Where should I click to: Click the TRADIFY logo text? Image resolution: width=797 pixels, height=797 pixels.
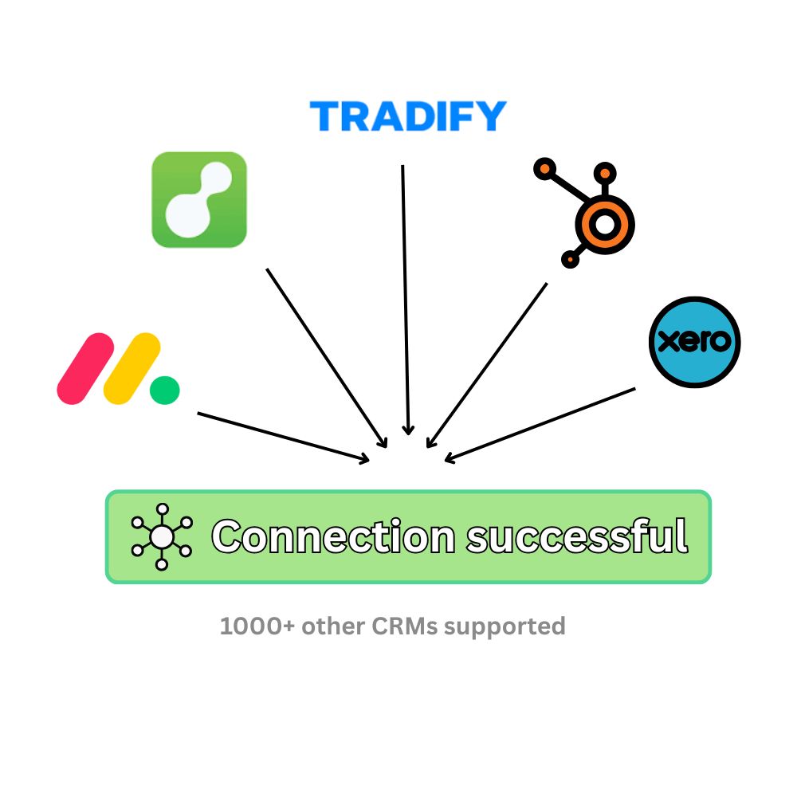407,116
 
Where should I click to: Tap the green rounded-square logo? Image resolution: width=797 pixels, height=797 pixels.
199,199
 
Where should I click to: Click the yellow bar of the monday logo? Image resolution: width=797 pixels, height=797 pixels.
132,368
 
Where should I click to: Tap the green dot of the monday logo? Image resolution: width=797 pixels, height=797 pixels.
165,391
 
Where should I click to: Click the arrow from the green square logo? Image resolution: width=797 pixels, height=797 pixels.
327,359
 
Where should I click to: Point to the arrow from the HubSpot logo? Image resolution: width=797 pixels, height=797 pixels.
487,365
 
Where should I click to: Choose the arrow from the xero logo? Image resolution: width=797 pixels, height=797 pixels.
540,424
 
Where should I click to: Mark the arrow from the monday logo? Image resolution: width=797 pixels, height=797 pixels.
283,436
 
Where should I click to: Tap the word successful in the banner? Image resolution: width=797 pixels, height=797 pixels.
575,536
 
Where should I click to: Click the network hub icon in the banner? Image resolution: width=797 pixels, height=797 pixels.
162,536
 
